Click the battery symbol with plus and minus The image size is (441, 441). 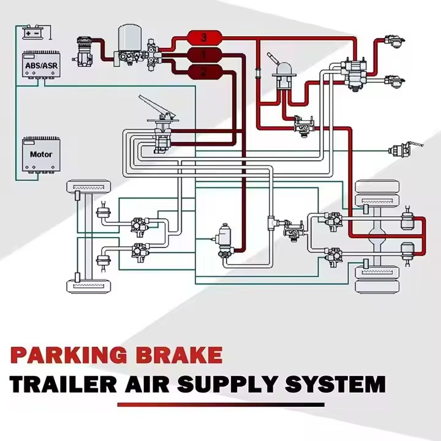(32, 33)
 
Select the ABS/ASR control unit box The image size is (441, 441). (41, 64)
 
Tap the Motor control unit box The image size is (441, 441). (41, 154)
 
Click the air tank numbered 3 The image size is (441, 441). (204, 37)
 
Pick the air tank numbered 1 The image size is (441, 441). (204, 55)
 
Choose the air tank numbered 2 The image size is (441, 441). (204, 72)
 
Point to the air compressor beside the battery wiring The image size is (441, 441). (84, 52)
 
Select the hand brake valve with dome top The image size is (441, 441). (284, 73)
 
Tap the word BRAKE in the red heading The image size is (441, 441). (179, 355)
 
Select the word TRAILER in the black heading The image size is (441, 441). (63, 384)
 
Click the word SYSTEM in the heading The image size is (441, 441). (335, 384)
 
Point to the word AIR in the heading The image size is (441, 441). (148, 384)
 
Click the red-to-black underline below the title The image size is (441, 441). (221, 405)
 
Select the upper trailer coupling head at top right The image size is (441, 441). (394, 41)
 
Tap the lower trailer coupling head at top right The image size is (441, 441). (394, 81)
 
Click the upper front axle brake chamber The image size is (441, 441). (104, 211)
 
